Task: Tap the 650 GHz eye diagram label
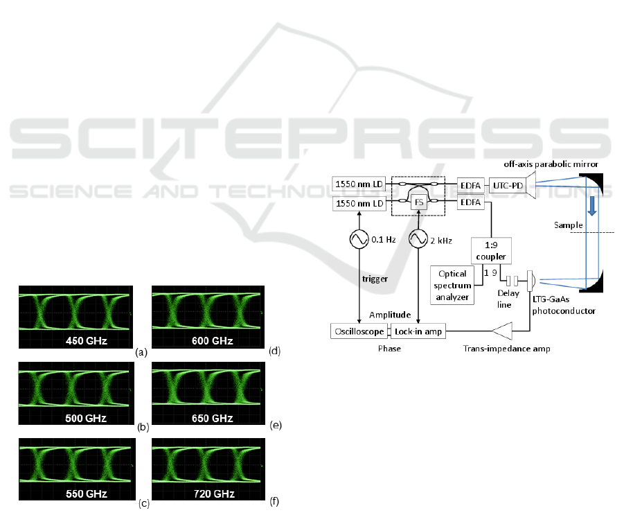pos(213,419)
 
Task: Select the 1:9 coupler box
pos(490,250)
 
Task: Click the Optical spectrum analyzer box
pos(453,285)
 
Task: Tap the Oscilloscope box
pos(359,331)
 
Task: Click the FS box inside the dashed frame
pos(418,202)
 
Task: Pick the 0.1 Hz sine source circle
pos(359,239)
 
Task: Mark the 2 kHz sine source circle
pos(418,239)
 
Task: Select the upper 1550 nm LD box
pos(359,184)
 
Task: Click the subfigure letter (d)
pos(275,351)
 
